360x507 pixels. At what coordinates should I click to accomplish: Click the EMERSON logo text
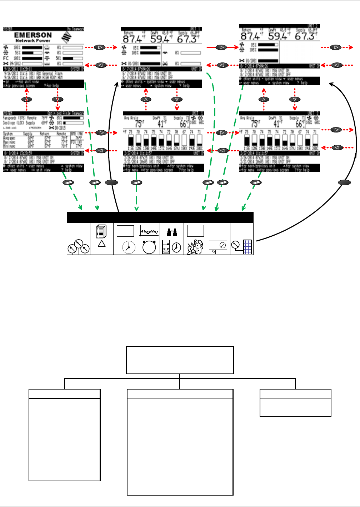(33, 35)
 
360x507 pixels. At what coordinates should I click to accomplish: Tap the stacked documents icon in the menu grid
(102, 231)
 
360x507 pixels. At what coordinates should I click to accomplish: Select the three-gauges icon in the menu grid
(79, 247)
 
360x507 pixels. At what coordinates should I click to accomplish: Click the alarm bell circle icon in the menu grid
(149, 247)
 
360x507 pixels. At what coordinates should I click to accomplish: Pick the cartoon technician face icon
(195, 247)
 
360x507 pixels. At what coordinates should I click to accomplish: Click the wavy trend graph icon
(149, 231)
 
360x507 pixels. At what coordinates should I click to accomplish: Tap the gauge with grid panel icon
(242, 247)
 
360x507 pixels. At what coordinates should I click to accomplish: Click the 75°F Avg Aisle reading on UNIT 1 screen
(139, 124)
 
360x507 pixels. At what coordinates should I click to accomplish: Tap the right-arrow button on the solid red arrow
(222, 47)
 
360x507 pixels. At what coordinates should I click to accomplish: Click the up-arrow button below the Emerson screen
(27, 99)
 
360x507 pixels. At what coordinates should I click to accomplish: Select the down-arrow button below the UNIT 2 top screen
(295, 99)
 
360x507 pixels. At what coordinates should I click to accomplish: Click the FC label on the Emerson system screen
(6, 58)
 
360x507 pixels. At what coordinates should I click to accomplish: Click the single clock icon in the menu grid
(125, 247)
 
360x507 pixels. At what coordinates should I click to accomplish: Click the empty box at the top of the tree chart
(180, 360)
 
